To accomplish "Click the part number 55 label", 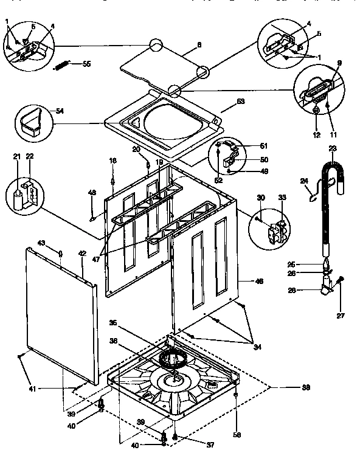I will [x=86, y=64].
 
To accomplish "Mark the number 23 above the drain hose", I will [x=333, y=148].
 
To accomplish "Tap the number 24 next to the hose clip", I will [x=304, y=180].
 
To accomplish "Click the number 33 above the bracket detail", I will [x=282, y=198].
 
